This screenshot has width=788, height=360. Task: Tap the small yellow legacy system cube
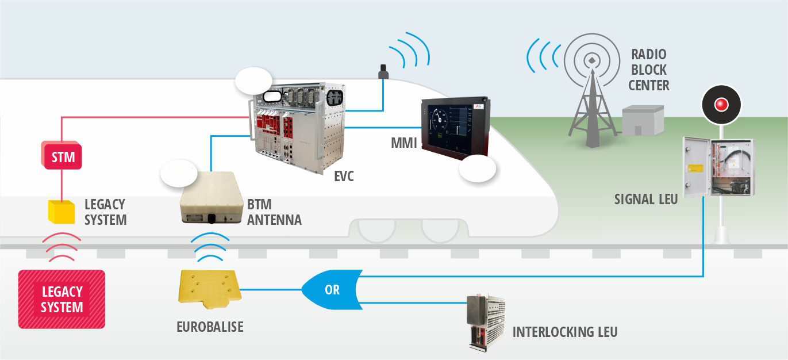60,212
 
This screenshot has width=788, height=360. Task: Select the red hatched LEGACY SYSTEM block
61,299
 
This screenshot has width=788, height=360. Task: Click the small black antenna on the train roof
383,72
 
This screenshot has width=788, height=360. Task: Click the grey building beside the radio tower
643,121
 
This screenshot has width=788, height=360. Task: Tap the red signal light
721,105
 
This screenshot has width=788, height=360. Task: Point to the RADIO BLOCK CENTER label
648,70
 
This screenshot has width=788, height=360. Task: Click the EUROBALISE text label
210,327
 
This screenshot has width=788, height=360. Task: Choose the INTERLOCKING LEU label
564,332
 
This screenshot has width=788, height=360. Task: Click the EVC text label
344,177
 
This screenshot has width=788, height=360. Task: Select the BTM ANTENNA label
274,212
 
